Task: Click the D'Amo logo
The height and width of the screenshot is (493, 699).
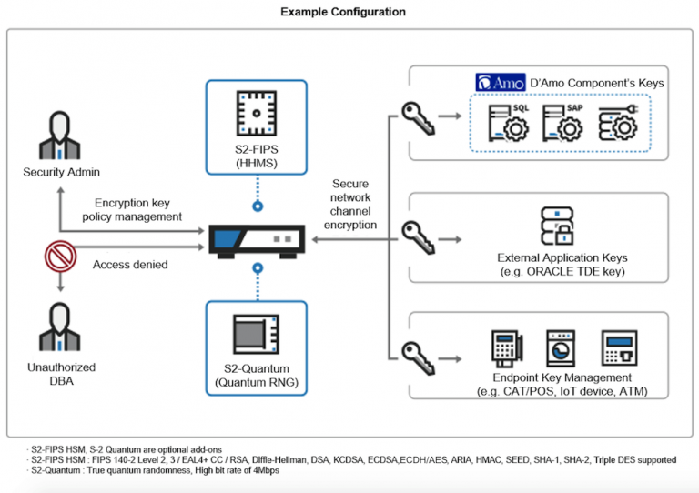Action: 499,83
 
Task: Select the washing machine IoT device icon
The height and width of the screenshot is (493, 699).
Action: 561,348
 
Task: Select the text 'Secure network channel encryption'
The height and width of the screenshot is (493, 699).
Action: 350,204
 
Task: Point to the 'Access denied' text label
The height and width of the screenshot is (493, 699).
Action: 130,265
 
